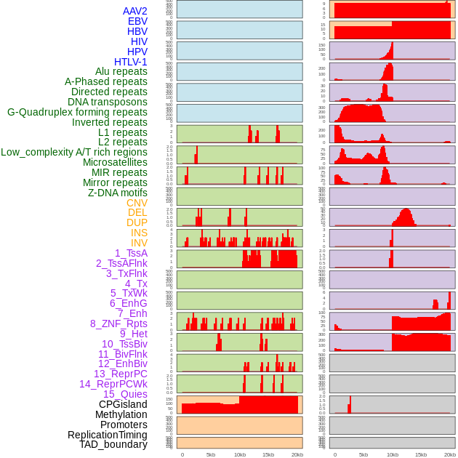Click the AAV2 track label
click(x=134, y=11)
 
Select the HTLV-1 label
click(x=130, y=62)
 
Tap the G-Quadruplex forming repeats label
click(x=77, y=112)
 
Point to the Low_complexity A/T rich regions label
click(x=73, y=152)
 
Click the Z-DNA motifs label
click(x=117, y=193)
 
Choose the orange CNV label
click(x=137, y=203)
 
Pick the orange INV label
click(x=139, y=243)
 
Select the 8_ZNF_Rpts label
click(x=118, y=324)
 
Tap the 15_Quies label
click(x=124, y=394)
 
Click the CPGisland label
click(x=123, y=404)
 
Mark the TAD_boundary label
click(x=113, y=444)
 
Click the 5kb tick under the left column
click(x=211, y=455)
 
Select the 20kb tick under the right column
click(x=450, y=455)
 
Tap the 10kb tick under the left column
click(x=240, y=455)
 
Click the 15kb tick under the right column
click(x=421, y=455)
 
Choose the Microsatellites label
click(x=115, y=162)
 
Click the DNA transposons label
click(x=107, y=102)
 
